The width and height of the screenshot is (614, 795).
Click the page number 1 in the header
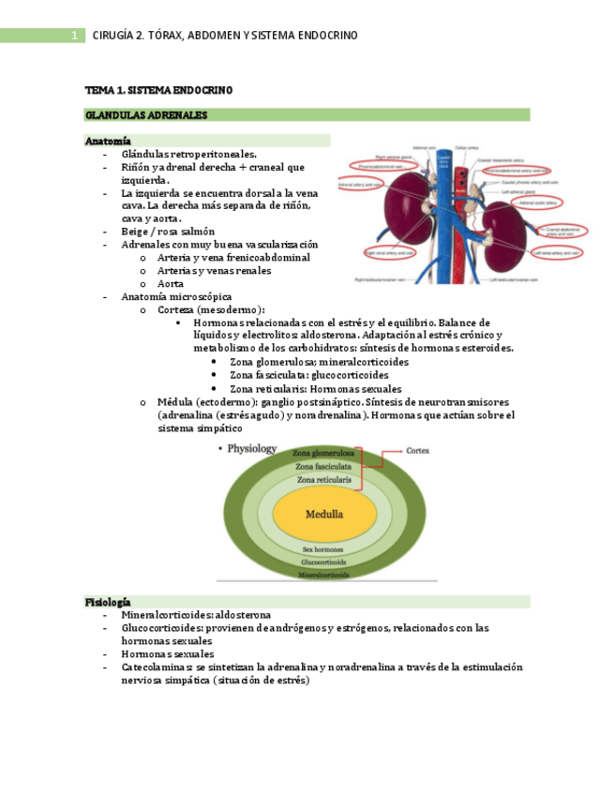73,36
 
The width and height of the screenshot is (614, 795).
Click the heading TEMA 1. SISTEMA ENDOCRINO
158,90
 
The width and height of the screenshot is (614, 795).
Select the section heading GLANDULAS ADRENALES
145,115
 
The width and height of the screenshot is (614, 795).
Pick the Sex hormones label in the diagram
322,549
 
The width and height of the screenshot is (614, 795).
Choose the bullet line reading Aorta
171,283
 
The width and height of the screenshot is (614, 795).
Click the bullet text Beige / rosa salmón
168,231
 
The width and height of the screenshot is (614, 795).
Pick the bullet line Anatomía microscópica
176,296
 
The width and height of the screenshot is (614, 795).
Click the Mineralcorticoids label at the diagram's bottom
323,574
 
